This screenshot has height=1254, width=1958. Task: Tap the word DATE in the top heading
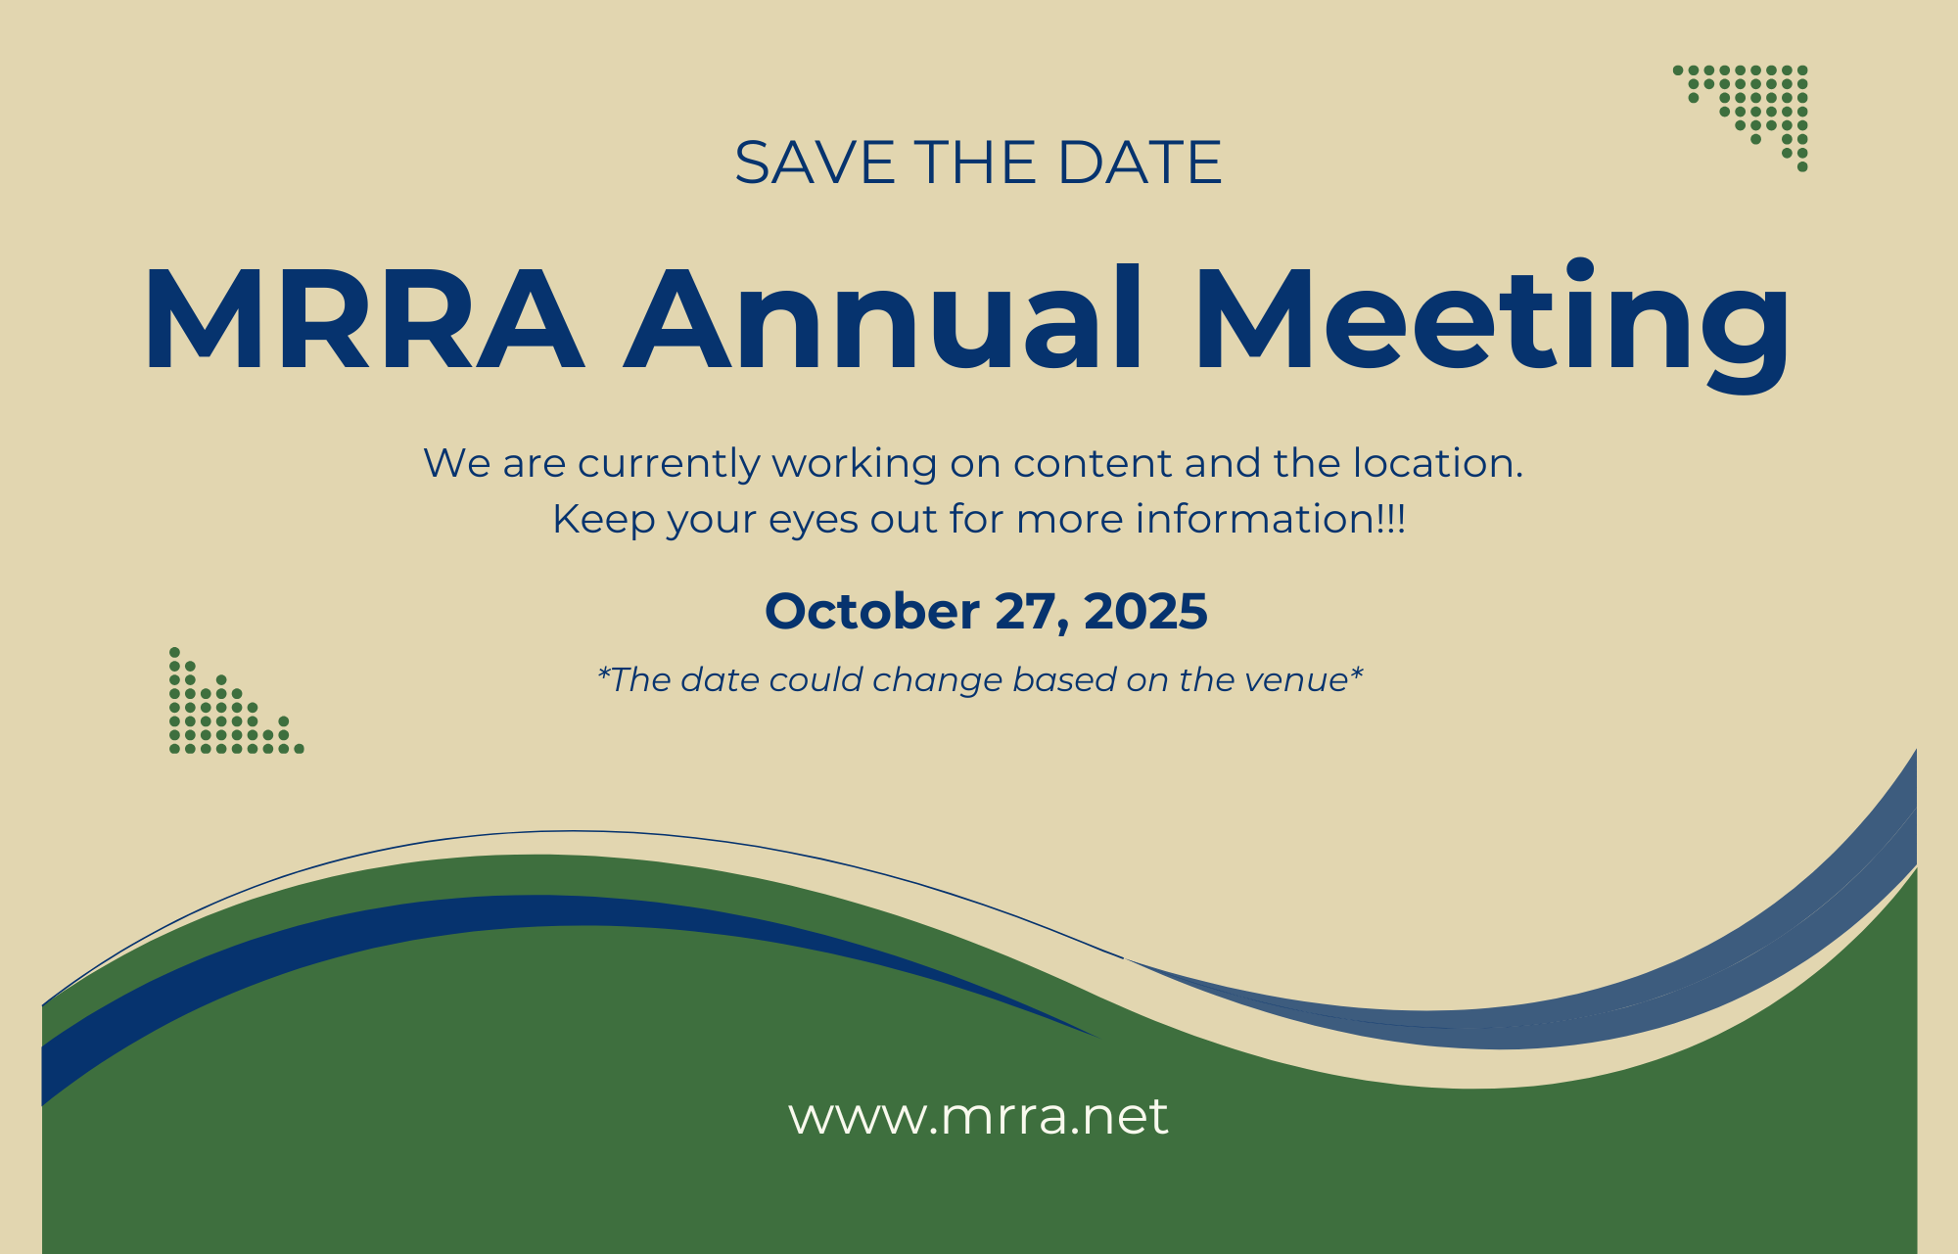tap(1140, 163)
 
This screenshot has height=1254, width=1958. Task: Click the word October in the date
tap(871, 612)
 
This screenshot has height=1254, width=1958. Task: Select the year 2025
tap(1145, 612)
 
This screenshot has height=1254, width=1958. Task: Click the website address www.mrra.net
tap(978, 1117)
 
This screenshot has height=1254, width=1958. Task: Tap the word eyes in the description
tap(808, 520)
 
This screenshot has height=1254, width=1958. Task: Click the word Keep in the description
tap(604, 520)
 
